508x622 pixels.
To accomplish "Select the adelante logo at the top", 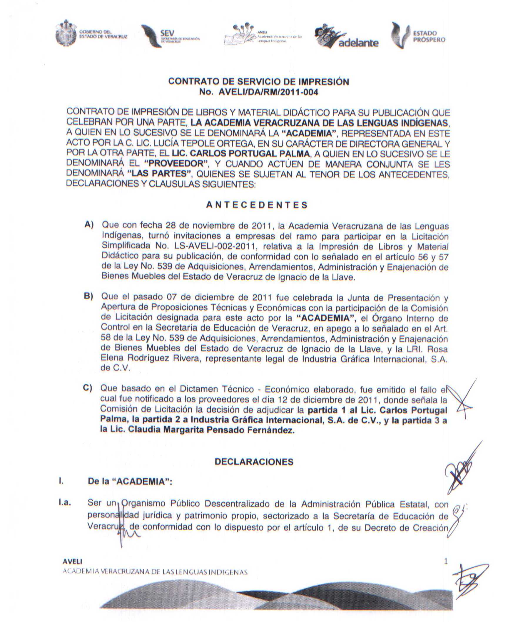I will tap(347, 37).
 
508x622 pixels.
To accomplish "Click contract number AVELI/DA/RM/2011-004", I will tap(268, 93).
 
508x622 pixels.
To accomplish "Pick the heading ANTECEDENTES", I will tap(257, 205).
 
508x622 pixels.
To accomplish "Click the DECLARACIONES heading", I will tap(254, 462).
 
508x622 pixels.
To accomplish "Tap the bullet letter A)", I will tap(89, 225).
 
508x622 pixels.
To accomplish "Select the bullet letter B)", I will tap(88, 296).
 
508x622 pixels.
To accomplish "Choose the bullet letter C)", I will tap(88, 388).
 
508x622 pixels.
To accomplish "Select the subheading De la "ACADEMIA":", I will tap(130, 482).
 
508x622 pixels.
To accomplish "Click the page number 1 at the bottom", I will tap(446, 562).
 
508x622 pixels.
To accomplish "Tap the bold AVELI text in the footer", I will tap(72, 562).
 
